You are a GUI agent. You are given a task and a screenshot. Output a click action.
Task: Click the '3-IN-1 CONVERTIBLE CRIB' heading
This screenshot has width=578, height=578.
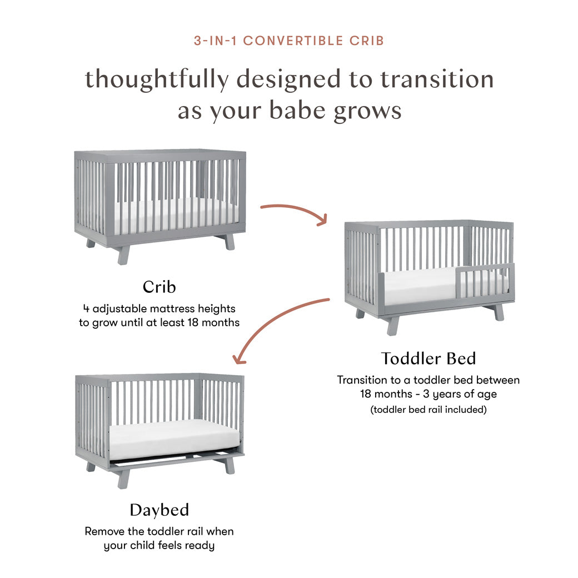pos(289,41)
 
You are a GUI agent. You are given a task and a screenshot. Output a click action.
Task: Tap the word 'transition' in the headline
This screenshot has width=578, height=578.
pos(437,79)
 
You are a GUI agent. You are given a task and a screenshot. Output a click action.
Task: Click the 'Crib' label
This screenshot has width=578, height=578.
pos(160,287)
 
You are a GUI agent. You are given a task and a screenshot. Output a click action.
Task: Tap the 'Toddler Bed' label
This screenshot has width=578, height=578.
pos(428,358)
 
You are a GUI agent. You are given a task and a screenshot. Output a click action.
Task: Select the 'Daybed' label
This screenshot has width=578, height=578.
pos(160,510)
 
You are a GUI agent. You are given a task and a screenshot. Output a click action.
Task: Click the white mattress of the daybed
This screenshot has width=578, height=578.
pos(175,441)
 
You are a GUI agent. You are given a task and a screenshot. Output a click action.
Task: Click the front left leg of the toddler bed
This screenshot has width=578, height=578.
pos(393,326)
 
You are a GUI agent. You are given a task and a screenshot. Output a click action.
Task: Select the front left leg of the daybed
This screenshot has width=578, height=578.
pos(124,479)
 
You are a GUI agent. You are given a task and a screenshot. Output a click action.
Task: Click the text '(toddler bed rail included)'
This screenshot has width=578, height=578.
pos(428,410)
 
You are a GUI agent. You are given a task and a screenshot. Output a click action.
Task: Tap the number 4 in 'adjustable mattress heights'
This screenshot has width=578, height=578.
pos(86,308)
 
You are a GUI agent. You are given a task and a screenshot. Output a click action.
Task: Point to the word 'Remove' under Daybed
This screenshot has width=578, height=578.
pos(104,531)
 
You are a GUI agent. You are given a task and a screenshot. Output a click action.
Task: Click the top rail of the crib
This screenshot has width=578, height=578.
pos(160,155)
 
